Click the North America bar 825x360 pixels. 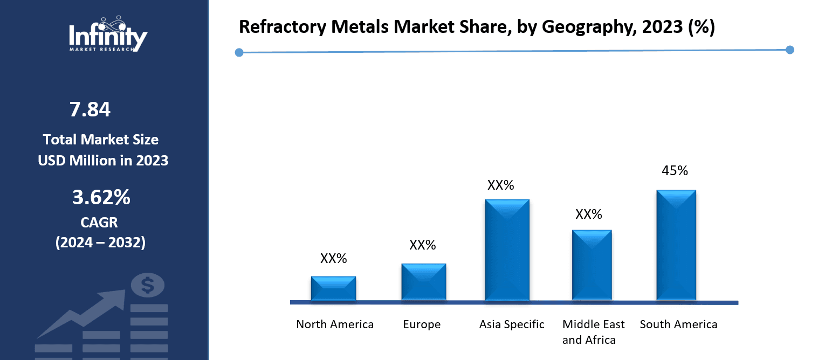[x=333, y=288]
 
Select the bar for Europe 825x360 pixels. [x=423, y=282]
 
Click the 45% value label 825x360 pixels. [x=675, y=171]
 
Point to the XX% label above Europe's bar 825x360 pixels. [x=422, y=245]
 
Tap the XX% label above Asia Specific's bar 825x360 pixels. [x=500, y=185]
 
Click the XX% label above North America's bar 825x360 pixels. [x=333, y=259]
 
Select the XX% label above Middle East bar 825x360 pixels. [x=588, y=214]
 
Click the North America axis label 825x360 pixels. [x=335, y=324]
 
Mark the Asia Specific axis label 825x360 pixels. [x=512, y=324]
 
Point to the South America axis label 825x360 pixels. [x=678, y=324]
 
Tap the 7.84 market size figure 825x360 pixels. [x=90, y=109]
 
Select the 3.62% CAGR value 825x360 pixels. [x=101, y=198]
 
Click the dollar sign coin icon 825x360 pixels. [x=147, y=285]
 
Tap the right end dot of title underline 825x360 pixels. [x=790, y=50]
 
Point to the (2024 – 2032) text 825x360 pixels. [x=100, y=243]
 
